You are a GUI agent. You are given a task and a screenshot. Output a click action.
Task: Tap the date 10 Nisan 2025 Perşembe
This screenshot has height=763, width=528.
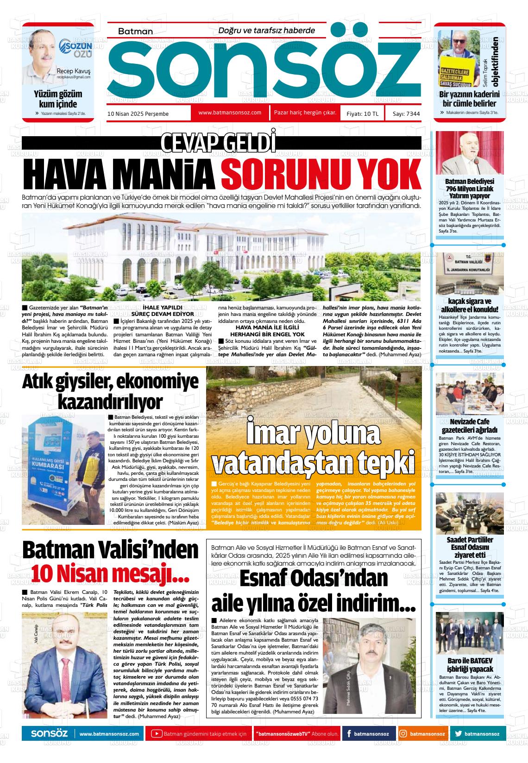[138, 114]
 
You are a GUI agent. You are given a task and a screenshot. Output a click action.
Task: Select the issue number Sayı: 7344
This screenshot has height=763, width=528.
[406, 114]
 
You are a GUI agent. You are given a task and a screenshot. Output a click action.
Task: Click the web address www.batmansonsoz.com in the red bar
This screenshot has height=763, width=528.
[230, 113]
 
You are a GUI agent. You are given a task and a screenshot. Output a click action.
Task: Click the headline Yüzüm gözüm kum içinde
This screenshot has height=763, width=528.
[58, 99]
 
